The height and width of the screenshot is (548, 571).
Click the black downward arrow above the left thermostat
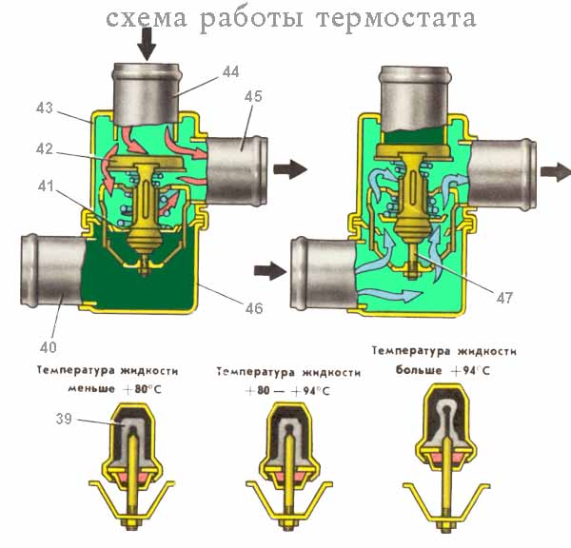tap(146, 41)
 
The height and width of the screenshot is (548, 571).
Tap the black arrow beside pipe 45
tap(290, 170)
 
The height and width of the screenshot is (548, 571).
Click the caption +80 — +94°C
tap(286, 391)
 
